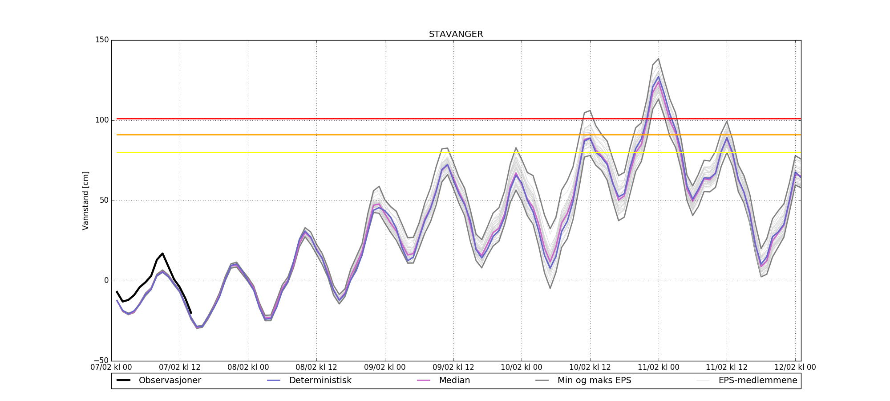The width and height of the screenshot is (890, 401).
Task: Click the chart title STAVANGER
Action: (x=456, y=34)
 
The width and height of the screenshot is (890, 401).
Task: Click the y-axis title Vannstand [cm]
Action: (x=85, y=200)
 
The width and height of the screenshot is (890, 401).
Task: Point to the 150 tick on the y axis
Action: (x=102, y=40)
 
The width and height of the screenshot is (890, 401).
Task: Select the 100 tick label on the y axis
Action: (x=102, y=120)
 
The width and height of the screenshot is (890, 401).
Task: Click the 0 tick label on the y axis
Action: (x=106, y=281)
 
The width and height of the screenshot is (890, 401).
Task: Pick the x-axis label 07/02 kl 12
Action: (x=180, y=368)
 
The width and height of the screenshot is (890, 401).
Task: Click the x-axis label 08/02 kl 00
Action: (x=248, y=368)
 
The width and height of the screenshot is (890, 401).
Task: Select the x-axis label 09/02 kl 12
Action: (x=453, y=368)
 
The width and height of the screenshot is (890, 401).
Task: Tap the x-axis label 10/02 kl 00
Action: (x=522, y=368)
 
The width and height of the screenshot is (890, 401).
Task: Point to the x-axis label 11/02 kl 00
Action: (x=659, y=368)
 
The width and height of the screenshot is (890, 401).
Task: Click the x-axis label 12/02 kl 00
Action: (x=795, y=368)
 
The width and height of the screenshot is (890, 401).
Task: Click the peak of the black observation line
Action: (x=162, y=253)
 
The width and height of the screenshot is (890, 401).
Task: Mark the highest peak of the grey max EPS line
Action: (x=658, y=58)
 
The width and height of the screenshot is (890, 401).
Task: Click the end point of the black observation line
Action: (x=191, y=313)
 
